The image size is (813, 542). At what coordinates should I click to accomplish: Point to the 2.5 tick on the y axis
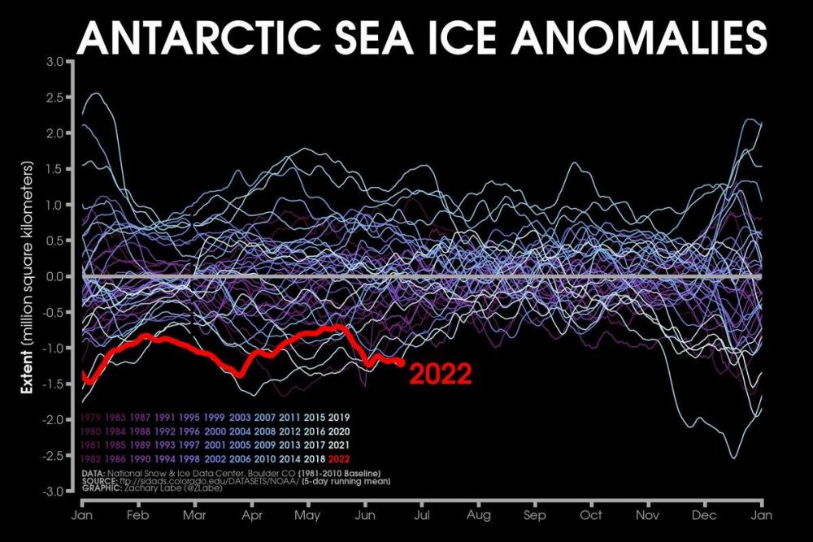(x=55, y=97)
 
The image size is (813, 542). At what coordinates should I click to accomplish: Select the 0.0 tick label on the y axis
(x=55, y=277)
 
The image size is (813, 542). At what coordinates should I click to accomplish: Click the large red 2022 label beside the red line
(x=439, y=373)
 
